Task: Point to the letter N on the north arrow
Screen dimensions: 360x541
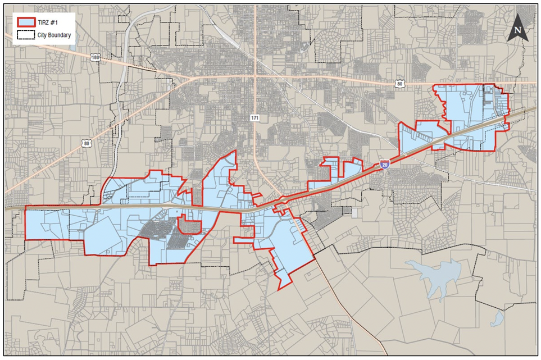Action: [518, 31]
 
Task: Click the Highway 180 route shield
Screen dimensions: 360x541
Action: [96, 57]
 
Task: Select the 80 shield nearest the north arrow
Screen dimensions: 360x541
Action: [399, 84]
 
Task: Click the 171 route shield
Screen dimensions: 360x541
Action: [255, 117]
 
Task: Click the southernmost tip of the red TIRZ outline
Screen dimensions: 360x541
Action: [280, 290]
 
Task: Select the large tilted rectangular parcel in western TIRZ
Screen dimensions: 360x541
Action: [103, 236]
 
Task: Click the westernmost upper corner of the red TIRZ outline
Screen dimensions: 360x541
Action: [25, 206]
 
